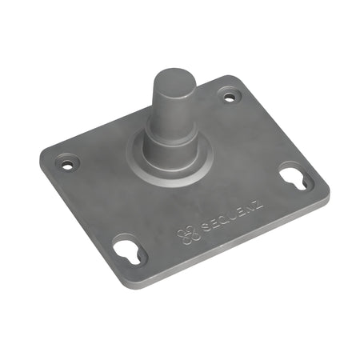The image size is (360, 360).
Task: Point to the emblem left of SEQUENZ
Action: (186, 234)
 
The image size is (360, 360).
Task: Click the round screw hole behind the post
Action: (231, 98)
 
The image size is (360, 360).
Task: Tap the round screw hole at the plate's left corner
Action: (67, 164)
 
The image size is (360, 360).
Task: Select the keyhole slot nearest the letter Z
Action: (294, 178)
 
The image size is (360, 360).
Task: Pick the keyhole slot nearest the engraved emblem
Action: (129, 250)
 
